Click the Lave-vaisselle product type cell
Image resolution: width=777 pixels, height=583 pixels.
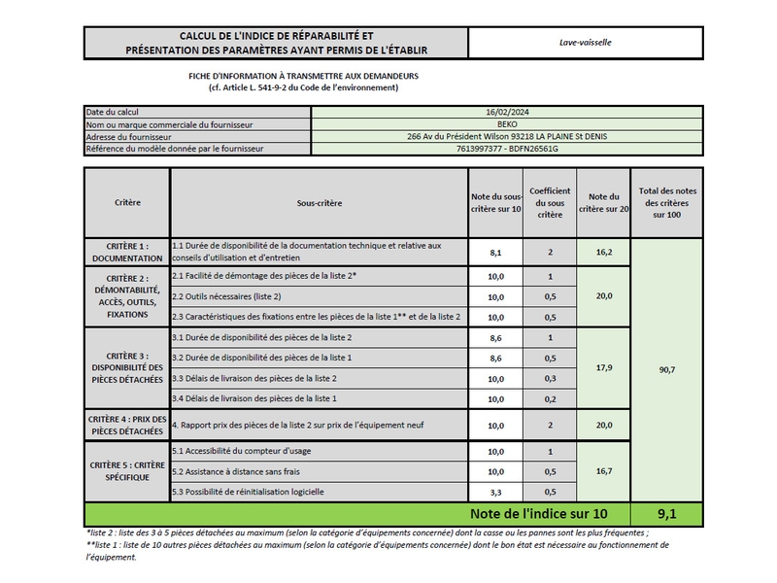click(x=585, y=43)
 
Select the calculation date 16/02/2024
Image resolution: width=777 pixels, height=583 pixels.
click(x=506, y=113)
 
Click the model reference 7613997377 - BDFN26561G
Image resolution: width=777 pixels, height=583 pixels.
click(x=506, y=149)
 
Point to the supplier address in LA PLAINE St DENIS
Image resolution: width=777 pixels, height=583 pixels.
click(x=506, y=137)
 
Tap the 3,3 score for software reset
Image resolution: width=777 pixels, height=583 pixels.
click(x=495, y=492)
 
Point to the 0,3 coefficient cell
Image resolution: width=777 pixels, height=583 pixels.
click(x=550, y=377)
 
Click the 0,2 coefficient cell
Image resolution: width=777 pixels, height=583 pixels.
click(x=550, y=398)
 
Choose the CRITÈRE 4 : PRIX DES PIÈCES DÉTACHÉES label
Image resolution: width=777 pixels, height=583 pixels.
click(x=127, y=425)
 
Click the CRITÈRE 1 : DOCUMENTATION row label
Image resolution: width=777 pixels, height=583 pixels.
click(x=127, y=252)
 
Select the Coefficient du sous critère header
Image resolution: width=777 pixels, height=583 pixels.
click(x=550, y=202)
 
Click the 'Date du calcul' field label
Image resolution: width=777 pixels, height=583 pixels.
click(x=113, y=113)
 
